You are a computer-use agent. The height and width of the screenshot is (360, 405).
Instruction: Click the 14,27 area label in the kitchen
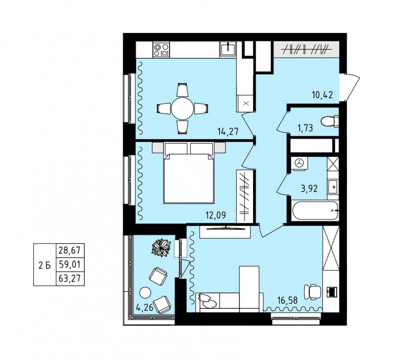(x=228, y=132)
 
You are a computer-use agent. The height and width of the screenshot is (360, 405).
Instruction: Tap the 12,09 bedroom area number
(x=216, y=215)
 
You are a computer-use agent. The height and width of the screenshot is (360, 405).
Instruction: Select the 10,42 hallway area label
(x=322, y=95)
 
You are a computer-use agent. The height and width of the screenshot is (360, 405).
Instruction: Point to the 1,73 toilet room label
(x=306, y=128)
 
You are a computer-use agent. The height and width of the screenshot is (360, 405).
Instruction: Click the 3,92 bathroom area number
(x=309, y=189)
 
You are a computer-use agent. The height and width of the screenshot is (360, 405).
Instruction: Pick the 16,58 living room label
(x=288, y=300)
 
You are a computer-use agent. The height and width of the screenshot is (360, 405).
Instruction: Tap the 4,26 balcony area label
(x=145, y=307)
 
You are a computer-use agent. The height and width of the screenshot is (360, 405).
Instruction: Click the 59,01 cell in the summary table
(x=70, y=264)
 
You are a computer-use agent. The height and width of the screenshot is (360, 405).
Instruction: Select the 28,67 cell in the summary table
(x=70, y=250)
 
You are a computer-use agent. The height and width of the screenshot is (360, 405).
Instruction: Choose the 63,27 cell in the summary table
(x=70, y=278)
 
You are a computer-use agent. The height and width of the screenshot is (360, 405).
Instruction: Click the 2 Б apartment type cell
(x=45, y=265)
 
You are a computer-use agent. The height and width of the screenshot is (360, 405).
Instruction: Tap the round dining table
(x=182, y=108)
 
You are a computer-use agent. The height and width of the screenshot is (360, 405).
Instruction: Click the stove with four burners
(x=161, y=50)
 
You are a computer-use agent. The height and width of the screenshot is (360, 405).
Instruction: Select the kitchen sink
(x=228, y=49)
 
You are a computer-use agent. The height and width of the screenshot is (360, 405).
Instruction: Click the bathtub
(x=315, y=211)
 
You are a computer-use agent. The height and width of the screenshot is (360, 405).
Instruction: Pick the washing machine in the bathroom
(x=299, y=163)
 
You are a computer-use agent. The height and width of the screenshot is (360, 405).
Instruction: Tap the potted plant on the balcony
(x=161, y=248)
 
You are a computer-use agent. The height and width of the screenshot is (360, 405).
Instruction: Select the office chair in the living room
(x=313, y=292)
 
